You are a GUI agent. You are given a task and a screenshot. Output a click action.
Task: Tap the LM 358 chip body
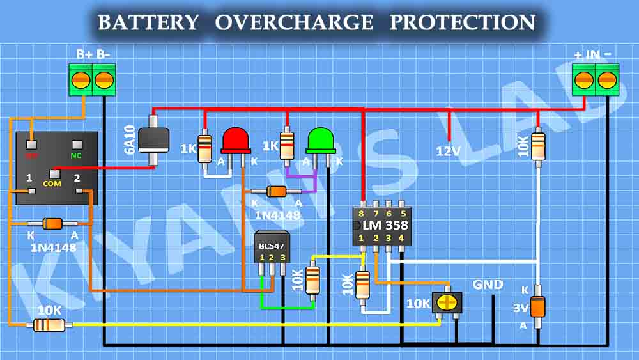click(381, 225)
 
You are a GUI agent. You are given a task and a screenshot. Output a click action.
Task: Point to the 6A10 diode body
click(153, 138)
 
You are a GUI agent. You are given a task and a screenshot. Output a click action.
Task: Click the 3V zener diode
click(538, 306)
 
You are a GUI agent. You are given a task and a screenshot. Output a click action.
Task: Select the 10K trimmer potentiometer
click(448, 302)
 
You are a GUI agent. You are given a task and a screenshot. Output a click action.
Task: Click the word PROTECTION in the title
click(463, 22)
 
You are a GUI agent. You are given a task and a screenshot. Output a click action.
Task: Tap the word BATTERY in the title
click(148, 22)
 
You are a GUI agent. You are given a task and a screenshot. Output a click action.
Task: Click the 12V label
click(449, 152)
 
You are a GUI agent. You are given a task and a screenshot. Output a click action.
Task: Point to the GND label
click(488, 285)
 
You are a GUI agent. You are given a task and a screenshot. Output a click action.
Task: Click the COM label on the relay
click(52, 184)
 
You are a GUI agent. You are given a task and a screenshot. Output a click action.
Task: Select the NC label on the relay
click(77, 154)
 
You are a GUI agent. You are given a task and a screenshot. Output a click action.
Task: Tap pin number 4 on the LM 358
click(401, 238)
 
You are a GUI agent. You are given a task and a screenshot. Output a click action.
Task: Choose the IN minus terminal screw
click(606, 79)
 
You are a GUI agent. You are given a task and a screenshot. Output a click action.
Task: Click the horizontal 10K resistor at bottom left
click(49, 325)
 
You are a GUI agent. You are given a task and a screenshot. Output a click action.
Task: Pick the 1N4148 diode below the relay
click(52, 224)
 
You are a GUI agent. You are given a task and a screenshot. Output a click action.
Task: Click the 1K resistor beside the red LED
click(204, 148)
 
